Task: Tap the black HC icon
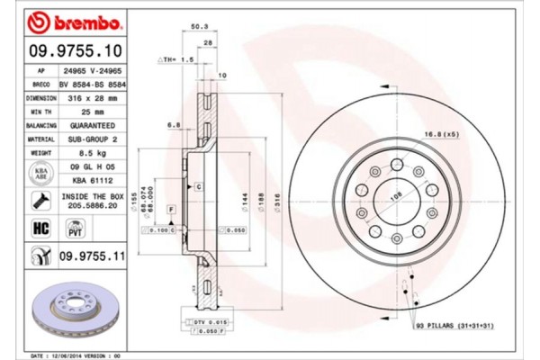[41, 229]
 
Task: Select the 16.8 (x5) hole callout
[442, 134]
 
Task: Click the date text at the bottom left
[76, 354]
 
